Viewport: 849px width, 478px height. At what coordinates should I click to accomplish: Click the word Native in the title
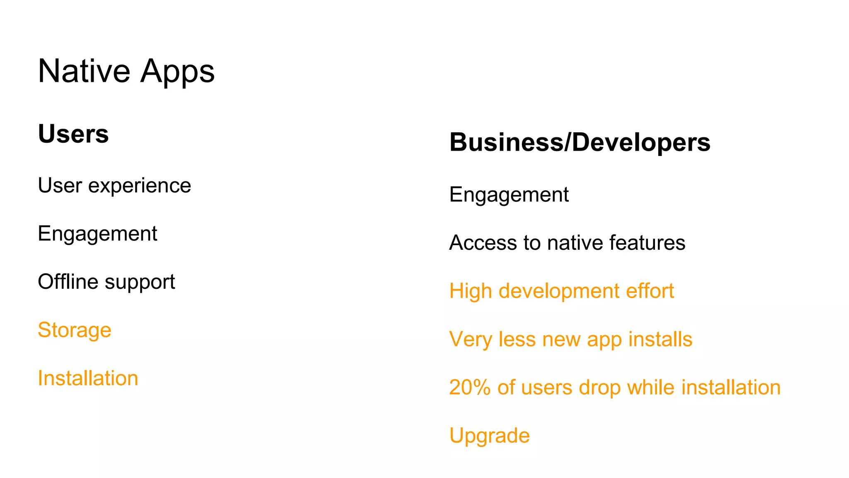(x=84, y=71)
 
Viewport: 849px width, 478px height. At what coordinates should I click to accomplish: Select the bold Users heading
(x=73, y=134)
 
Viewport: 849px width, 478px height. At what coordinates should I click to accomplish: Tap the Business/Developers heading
(x=580, y=142)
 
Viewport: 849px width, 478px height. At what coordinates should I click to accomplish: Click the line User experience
(x=114, y=185)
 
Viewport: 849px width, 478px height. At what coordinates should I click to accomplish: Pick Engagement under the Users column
(x=97, y=234)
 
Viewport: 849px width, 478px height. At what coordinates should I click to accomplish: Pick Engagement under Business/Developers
(x=509, y=195)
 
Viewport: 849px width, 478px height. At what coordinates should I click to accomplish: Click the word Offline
(x=68, y=282)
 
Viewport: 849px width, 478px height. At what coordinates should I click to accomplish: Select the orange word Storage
(x=75, y=330)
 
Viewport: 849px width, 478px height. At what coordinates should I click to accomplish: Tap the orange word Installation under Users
(x=88, y=378)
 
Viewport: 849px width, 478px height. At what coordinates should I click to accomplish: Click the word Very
(x=471, y=339)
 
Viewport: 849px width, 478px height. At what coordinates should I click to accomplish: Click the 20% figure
(x=470, y=388)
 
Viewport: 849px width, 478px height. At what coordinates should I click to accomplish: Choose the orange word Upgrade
(x=490, y=436)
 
